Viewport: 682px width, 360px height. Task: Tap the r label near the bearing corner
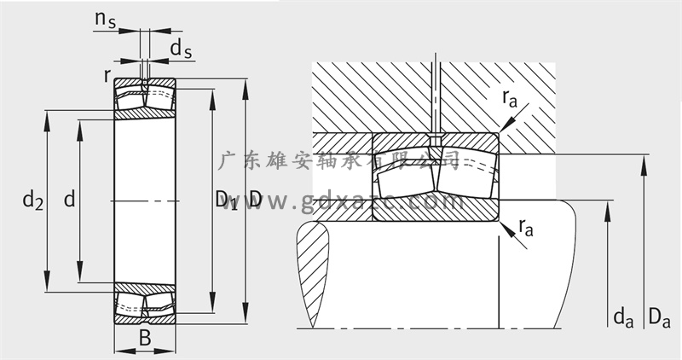click(x=107, y=74)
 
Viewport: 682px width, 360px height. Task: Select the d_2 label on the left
click(x=32, y=200)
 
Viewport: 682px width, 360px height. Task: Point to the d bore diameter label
click(x=69, y=200)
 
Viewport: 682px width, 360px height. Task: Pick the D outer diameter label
click(x=255, y=199)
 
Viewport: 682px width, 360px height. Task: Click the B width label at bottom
click(x=145, y=338)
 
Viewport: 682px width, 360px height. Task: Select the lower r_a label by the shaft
click(x=526, y=227)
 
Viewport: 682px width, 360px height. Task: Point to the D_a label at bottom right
click(x=658, y=318)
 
